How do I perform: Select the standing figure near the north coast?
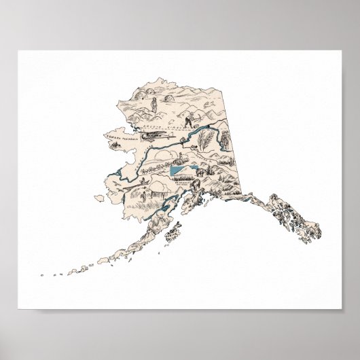point(155,105)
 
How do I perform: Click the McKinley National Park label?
point(183,184)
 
